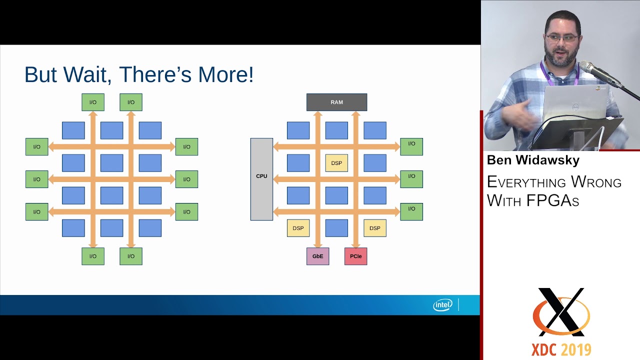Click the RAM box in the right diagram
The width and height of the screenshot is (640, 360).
point(336,102)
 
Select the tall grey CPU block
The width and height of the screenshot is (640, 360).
point(261,179)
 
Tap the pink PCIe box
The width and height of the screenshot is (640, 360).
point(355,256)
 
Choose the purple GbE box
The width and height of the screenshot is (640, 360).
point(317,256)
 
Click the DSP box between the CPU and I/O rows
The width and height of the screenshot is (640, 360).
point(336,163)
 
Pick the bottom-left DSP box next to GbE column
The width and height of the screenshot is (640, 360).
point(298,228)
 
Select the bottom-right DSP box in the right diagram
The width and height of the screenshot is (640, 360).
point(374,228)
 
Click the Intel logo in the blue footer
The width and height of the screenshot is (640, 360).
point(442,304)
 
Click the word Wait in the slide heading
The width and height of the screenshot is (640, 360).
point(86,75)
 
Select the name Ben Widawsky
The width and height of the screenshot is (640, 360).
point(533,160)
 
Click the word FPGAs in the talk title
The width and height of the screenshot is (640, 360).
point(552,200)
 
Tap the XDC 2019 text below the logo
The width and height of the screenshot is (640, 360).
point(561,349)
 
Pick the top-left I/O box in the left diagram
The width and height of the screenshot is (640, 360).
point(93,102)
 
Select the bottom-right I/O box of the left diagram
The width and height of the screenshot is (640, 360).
point(131,256)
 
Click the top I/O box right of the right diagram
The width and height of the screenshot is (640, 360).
point(411,146)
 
